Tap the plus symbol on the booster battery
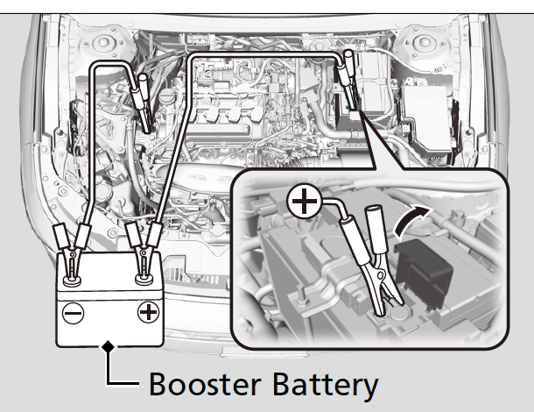[x=150, y=310]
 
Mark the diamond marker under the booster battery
[x=108, y=346]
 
